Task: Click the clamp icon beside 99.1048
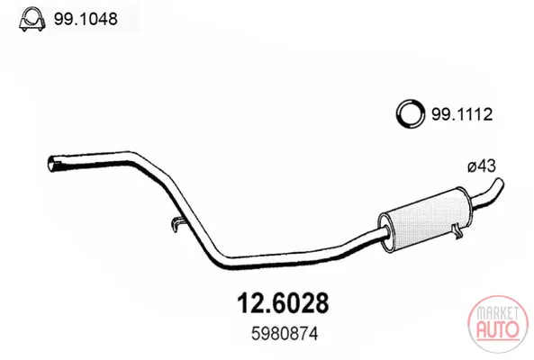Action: [x=32, y=20]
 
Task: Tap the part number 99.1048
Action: [x=86, y=19]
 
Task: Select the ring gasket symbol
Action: [x=411, y=113]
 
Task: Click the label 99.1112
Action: [x=462, y=114]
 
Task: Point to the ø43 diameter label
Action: [x=482, y=166]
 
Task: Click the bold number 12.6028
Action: [x=283, y=302]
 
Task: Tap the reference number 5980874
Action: [x=285, y=334]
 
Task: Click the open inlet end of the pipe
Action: [x=52, y=164]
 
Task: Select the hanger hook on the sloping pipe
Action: [x=177, y=224]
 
